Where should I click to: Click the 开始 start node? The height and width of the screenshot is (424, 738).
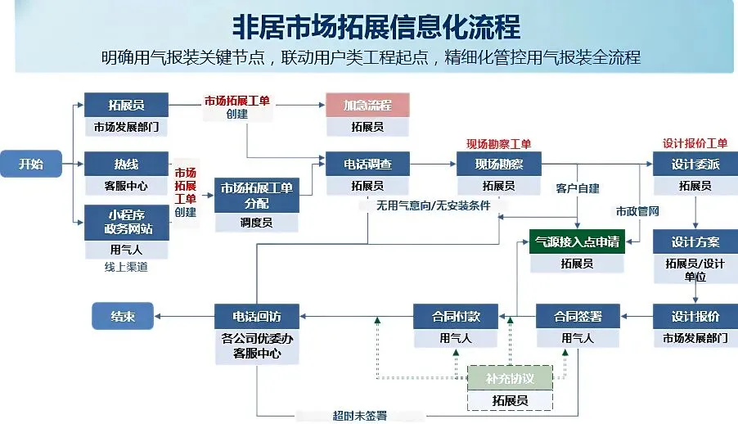click(x=31, y=164)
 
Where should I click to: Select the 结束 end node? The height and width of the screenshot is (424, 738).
click(x=123, y=316)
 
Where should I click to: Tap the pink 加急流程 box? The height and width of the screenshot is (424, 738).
click(x=367, y=105)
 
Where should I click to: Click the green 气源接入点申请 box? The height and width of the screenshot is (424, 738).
click(x=577, y=241)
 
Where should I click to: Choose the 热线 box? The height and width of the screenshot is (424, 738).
click(x=126, y=164)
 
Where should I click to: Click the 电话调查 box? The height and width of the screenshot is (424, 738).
click(x=367, y=164)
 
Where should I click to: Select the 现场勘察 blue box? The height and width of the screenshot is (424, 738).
click(x=499, y=164)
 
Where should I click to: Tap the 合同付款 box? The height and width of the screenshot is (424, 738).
click(x=456, y=317)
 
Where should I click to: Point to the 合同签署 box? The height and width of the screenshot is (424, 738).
click(x=578, y=317)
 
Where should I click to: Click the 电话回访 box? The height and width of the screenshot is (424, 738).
click(x=257, y=317)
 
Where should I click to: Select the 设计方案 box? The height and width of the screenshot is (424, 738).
click(x=695, y=241)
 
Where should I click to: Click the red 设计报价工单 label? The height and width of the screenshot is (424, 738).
click(x=695, y=143)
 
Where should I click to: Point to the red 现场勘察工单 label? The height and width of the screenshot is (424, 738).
click(x=498, y=144)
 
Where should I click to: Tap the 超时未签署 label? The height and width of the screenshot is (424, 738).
click(x=360, y=416)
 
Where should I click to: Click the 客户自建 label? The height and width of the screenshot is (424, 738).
click(x=578, y=188)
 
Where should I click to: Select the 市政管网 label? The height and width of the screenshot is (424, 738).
click(x=637, y=211)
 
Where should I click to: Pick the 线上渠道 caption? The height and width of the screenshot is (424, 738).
click(x=126, y=267)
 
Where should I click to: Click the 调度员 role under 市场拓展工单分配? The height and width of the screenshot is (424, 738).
click(x=257, y=223)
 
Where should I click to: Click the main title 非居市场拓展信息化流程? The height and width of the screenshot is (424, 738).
click(x=376, y=26)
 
